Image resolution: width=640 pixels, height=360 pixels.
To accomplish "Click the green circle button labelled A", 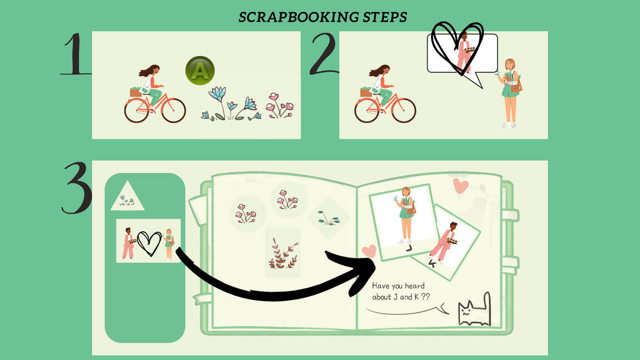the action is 200,71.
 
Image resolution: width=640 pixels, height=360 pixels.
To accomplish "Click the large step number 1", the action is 76,54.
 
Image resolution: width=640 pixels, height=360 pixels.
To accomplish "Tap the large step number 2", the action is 324,54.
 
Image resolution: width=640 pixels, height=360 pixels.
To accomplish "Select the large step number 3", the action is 76,188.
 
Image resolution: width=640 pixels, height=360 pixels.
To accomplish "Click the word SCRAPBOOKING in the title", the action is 292,17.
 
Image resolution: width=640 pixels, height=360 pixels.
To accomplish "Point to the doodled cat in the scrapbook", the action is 474,310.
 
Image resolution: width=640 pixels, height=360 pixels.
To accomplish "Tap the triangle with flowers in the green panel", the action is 127,196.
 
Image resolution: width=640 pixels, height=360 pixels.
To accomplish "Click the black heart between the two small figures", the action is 149,244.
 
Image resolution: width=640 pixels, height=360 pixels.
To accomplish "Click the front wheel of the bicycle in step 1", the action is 173,110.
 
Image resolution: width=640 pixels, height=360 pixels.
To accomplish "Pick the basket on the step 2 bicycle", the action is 366,92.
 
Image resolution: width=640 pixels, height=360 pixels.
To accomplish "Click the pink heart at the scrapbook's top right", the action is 461,186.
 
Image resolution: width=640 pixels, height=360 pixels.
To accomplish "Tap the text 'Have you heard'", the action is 398,286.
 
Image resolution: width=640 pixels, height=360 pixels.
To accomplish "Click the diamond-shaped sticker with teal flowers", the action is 328,218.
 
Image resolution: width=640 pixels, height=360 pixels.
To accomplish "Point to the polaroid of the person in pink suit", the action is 444,242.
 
